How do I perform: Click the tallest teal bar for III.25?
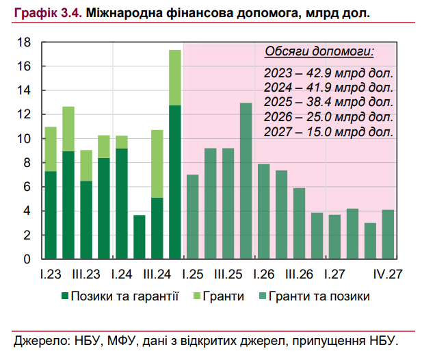(246, 181)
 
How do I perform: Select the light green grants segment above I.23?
(51, 149)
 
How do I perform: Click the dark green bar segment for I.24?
(122, 204)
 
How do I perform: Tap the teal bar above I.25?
(193, 217)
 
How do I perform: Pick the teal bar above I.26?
(264, 211)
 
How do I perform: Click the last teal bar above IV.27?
(388, 234)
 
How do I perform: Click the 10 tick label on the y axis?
(26, 139)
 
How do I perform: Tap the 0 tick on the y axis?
(29, 259)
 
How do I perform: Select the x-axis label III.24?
(157, 274)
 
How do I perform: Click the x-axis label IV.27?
(387, 274)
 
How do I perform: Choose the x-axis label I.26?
(264, 274)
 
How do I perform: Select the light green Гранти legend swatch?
(194, 296)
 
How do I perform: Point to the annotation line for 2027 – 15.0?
(328, 131)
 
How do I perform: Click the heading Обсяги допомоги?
(319, 53)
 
